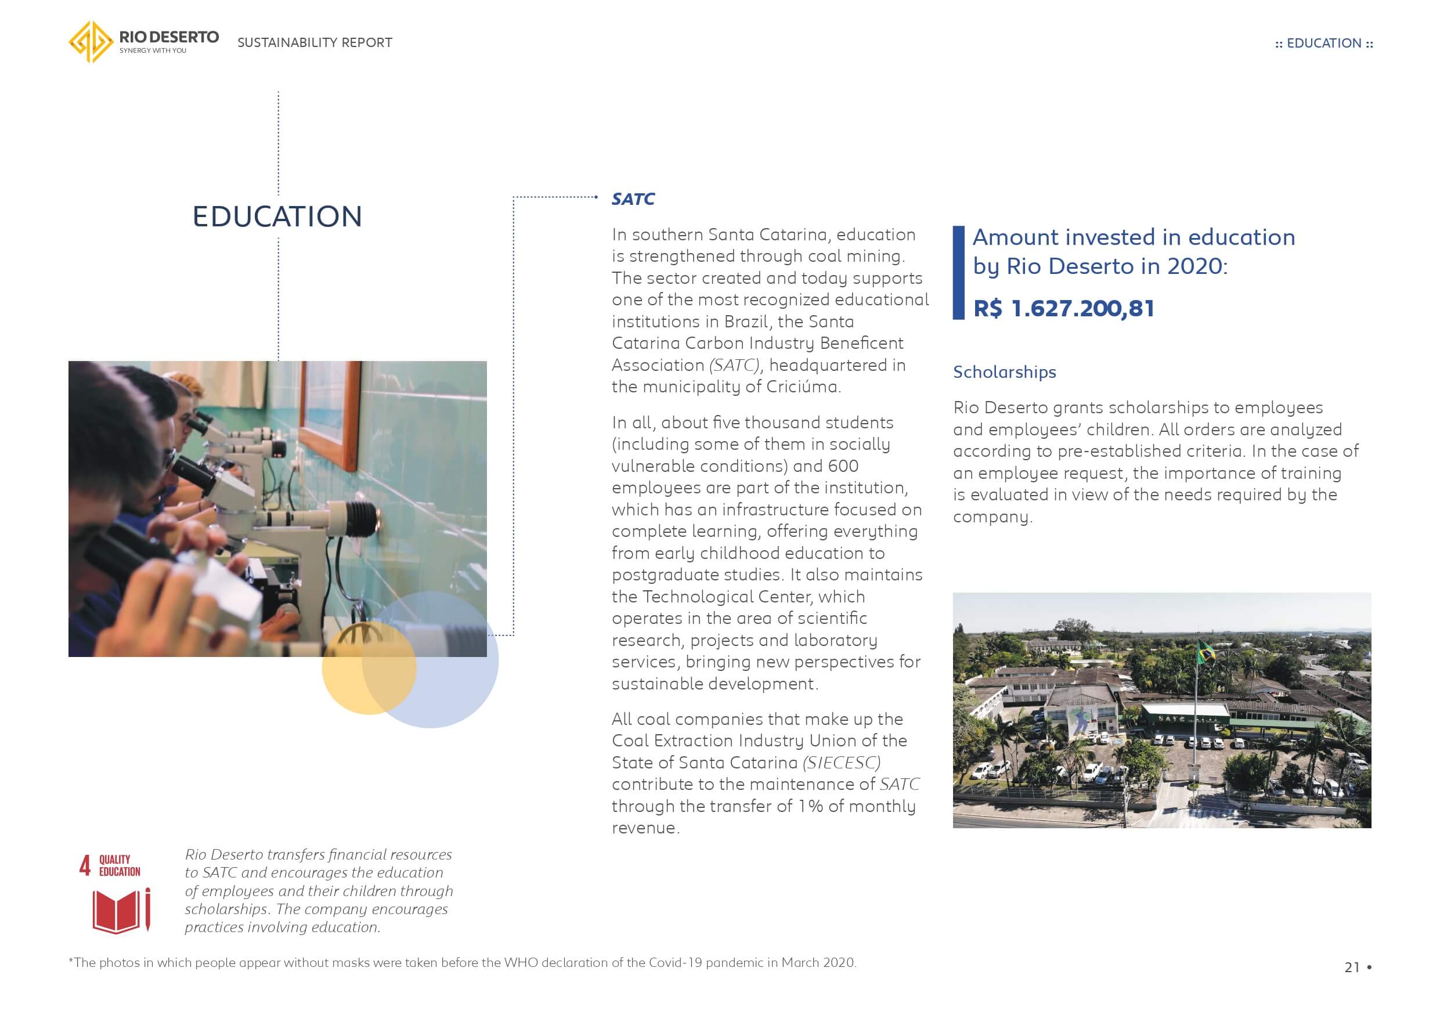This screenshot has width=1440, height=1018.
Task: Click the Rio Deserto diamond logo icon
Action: [91, 42]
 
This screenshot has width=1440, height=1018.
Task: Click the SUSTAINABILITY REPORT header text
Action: [314, 42]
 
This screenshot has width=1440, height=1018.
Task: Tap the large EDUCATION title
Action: [277, 216]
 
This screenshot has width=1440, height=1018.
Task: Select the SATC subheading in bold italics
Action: [633, 200]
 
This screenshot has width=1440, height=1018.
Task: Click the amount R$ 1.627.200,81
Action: [1063, 309]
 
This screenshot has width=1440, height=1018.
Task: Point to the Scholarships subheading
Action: [1004, 372]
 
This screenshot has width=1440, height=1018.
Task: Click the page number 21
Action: [1352, 967]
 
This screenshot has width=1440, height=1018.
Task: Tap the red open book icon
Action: [116, 911]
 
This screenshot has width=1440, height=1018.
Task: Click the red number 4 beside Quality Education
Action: [85, 865]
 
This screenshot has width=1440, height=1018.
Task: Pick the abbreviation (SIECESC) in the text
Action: [842, 763]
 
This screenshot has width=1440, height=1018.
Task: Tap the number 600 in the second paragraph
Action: [843, 466]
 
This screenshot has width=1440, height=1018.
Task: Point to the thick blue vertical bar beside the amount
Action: [958, 273]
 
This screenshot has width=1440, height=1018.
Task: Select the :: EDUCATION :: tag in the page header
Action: [1323, 44]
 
